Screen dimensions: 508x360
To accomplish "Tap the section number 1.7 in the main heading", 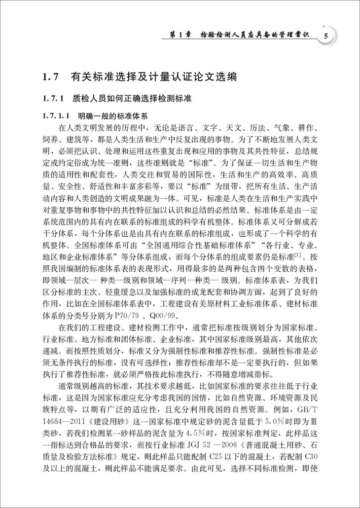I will coord(51,77).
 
